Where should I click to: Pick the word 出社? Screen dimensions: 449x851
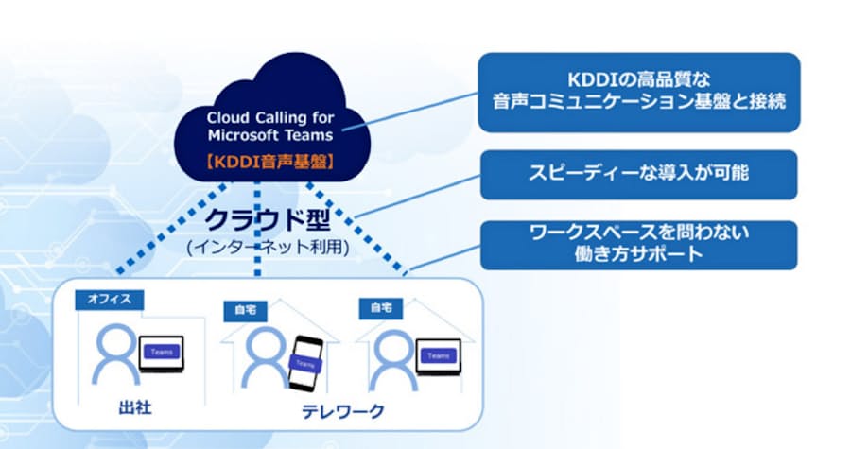tap(130, 409)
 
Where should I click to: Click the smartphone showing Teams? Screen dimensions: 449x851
tap(304, 362)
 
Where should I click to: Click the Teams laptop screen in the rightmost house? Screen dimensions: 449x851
tap(437, 355)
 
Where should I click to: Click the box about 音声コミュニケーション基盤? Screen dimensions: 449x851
tap(639, 91)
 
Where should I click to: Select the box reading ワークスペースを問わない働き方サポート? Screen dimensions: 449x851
tap(639, 244)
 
